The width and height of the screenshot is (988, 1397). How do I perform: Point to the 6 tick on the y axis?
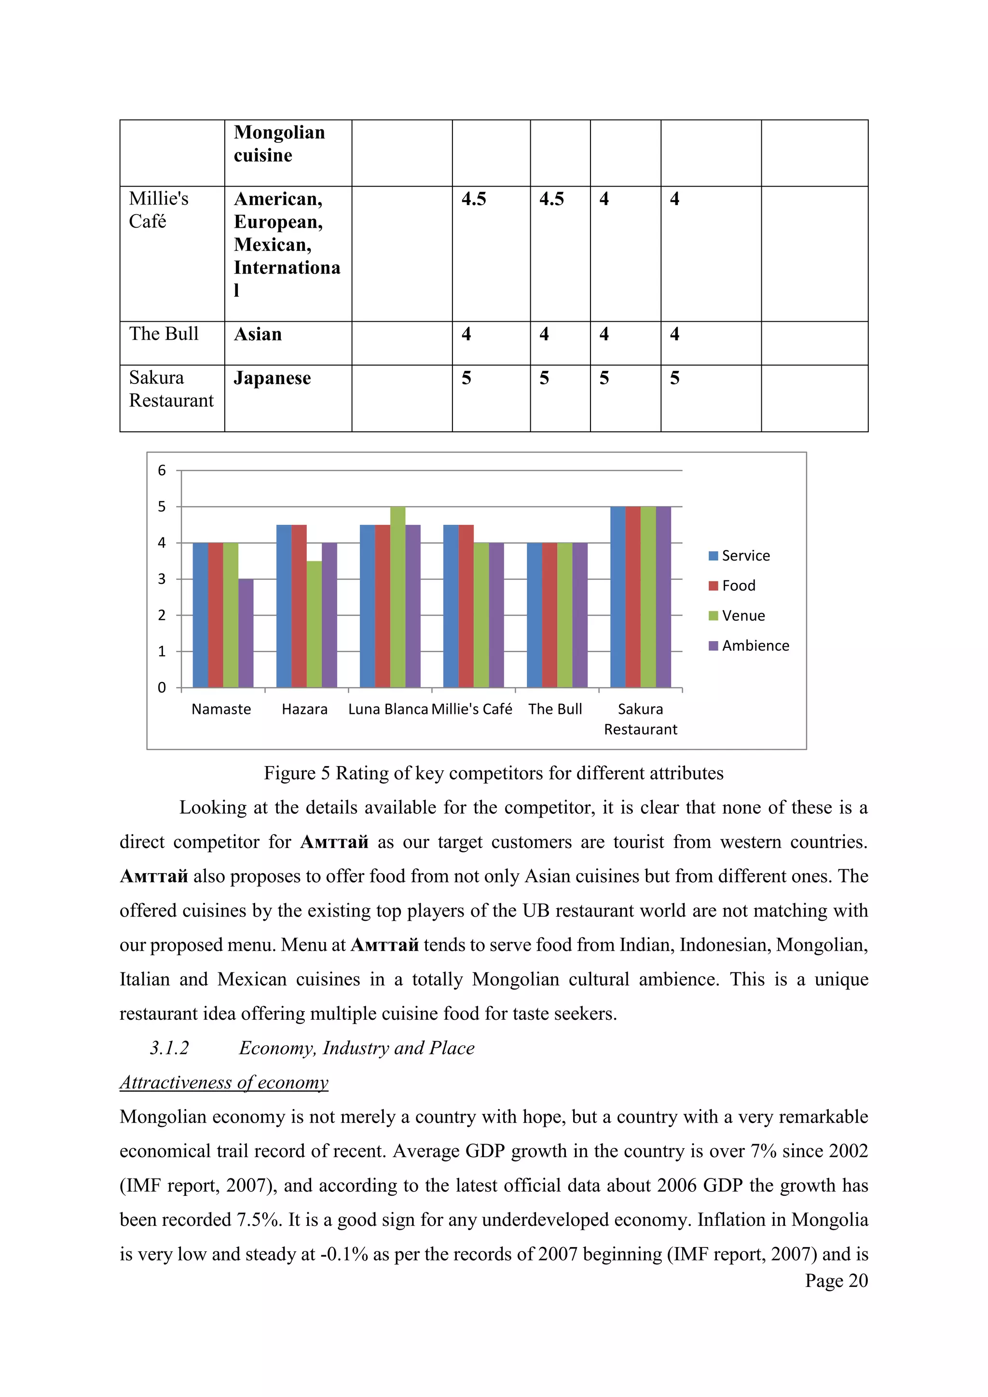[162, 470]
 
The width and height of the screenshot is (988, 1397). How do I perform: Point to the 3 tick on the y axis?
[162, 579]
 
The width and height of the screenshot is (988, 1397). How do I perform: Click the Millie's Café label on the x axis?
[472, 709]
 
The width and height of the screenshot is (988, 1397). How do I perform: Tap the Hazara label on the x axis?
[305, 709]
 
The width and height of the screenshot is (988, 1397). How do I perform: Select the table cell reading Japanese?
[273, 379]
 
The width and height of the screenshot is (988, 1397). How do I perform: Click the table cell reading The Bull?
[164, 334]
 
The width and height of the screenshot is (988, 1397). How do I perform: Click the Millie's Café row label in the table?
[158, 210]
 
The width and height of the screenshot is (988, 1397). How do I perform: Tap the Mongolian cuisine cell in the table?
[279, 144]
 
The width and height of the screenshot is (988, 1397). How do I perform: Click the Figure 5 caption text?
[494, 773]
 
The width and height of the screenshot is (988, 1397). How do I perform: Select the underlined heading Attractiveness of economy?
[224, 1082]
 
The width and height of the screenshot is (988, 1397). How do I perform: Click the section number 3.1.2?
[170, 1048]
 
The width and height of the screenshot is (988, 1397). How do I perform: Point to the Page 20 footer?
[836, 1281]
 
